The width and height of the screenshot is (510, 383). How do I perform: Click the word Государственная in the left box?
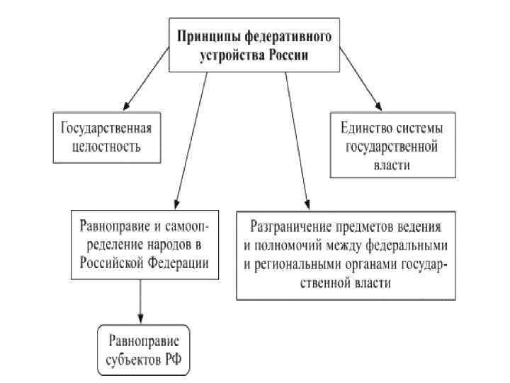click(x=107, y=129)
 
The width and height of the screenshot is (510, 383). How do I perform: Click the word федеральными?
click(x=406, y=247)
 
